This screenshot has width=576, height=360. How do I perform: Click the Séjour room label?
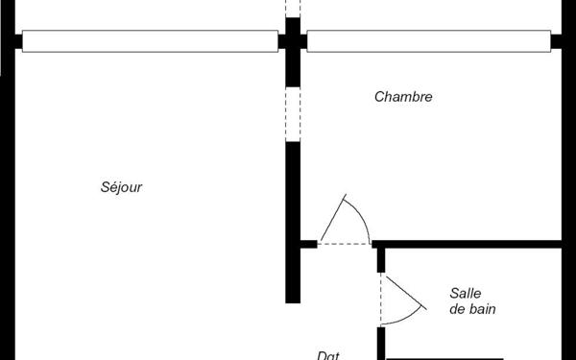[x=121, y=187]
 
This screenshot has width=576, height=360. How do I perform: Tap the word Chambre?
[x=403, y=97]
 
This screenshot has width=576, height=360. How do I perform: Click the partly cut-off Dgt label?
[x=328, y=354]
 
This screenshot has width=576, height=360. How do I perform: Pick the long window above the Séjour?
[x=150, y=41]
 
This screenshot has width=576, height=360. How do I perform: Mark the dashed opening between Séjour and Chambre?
[x=292, y=115]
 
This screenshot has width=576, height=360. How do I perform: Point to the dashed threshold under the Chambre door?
[x=344, y=244]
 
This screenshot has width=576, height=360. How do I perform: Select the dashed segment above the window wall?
[x=292, y=10]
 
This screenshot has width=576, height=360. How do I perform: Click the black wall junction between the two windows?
[x=292, y=41]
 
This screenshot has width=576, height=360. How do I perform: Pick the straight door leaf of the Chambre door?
[x=332, y=219]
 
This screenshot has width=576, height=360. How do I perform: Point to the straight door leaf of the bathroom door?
[x=403, y=285]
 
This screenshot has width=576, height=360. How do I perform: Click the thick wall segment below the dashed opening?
[x=292, y=221]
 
